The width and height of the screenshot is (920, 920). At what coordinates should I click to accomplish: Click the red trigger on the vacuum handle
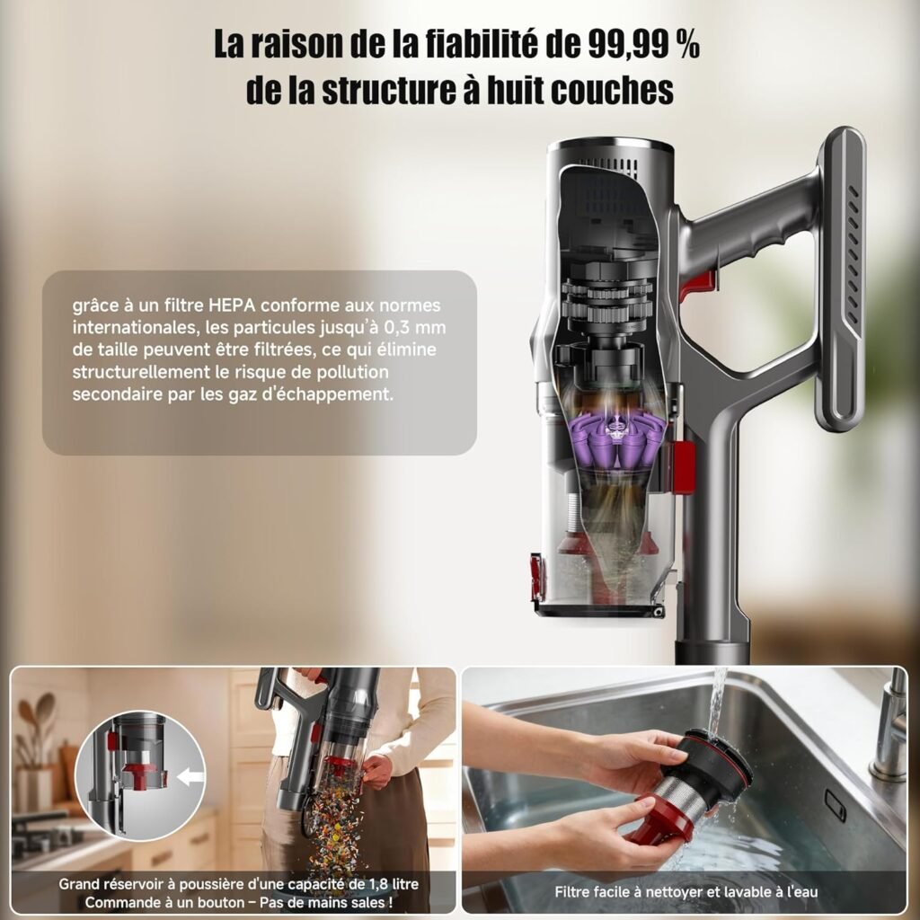(x=698, y=285)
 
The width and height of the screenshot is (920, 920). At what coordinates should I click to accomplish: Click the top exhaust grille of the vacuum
(x=611, y=166)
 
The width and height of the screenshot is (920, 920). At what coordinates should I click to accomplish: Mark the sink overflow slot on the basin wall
(x=835, y=805)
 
